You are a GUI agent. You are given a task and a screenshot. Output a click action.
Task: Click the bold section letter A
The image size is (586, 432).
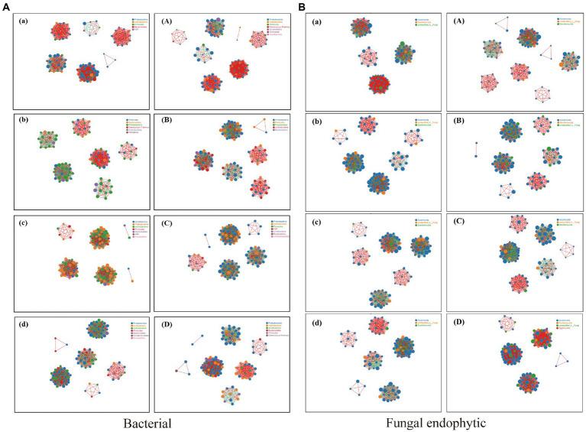(7, 6)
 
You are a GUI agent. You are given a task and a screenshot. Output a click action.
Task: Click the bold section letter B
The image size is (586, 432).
(302, 6)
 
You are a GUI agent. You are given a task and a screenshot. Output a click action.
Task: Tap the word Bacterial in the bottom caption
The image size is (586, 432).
(149, 421)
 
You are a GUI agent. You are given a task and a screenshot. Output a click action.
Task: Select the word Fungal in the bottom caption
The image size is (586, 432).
(406, 421)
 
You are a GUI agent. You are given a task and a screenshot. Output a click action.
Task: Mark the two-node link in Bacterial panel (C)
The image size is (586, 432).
(206, 241)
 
